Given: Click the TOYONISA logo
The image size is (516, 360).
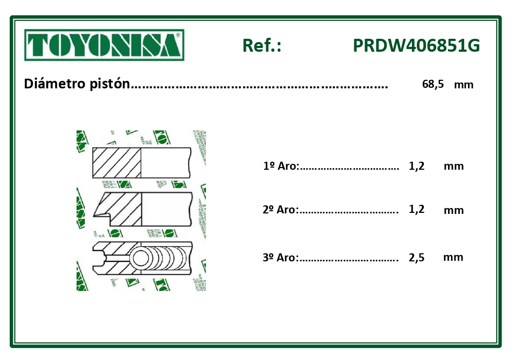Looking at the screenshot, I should coord(104,45).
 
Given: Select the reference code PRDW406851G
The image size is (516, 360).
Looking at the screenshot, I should coord(416,46).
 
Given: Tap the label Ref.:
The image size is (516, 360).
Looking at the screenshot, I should coord(262,46).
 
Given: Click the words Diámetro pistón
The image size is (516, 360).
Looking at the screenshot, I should coord(78,84).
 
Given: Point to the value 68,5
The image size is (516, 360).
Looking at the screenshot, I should coord(433,84).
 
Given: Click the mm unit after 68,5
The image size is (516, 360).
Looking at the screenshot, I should coord(464,85).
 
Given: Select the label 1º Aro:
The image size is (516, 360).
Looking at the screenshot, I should coord(281,166).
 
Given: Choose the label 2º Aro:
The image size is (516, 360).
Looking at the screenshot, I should coord(280,210).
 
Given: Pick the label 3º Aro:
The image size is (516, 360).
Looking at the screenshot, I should coord(280,258).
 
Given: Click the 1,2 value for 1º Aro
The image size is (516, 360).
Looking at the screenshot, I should coord(417,166).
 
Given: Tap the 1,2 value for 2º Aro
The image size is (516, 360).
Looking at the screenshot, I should coord(417,209).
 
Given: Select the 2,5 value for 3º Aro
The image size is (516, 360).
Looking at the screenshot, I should coord(417,258).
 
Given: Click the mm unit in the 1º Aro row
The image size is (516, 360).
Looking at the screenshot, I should coord(453,166).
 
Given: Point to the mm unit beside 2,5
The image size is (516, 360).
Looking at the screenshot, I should coord(453,257).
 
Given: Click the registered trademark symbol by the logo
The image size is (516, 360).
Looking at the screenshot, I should coord(178,34).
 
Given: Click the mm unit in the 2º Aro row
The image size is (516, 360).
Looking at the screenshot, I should coord(453,210).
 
